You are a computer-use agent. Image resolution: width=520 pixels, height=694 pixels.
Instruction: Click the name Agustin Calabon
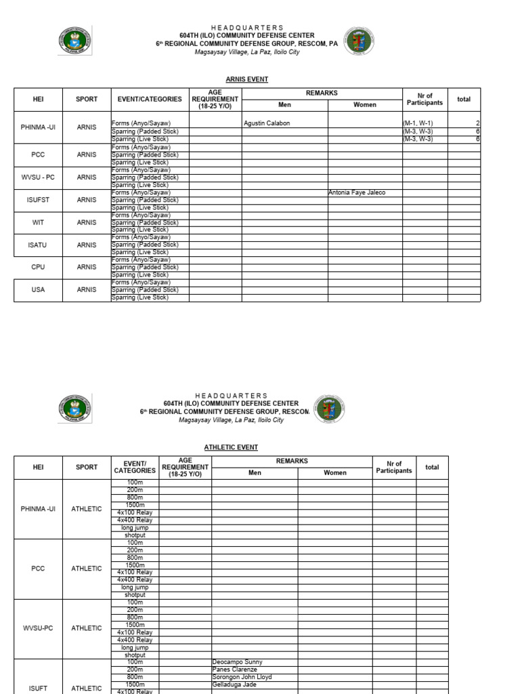click(x=266, y=123)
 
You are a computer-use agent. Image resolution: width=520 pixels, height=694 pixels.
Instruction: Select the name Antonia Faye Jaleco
click(x=357, y=192)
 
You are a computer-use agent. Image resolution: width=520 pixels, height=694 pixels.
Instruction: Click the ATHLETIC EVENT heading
click(x=231, y=447)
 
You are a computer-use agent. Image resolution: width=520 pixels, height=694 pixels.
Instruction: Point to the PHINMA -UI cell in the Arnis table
click(x=38, y=127)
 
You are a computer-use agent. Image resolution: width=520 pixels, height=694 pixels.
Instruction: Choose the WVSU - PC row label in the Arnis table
click(x=38, y=177)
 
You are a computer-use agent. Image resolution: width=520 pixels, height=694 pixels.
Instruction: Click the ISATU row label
click(x=38, y=245)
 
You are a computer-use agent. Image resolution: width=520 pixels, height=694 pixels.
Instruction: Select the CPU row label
click(x=38, y=267)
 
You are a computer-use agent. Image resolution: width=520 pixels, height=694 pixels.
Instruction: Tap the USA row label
click(x=38, y=290)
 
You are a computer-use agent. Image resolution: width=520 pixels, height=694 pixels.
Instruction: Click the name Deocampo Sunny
click(x=237, y=662)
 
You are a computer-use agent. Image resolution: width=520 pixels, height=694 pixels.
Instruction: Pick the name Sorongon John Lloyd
click(x=242, y=677)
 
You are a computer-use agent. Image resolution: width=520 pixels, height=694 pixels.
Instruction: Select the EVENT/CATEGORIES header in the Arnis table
click(x=150, y=99)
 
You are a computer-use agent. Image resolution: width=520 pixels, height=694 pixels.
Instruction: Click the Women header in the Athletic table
click(x=335, y=473)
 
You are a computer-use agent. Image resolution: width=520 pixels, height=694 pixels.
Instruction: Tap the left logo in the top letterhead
click(x=74, y=41)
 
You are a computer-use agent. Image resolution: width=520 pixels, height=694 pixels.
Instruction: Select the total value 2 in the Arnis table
click(x=477, y=123)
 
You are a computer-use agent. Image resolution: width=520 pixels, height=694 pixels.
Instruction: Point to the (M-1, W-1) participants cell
click(x=418, y=123)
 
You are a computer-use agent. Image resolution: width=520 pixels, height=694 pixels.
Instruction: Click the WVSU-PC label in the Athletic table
click(x=38, y=628)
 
